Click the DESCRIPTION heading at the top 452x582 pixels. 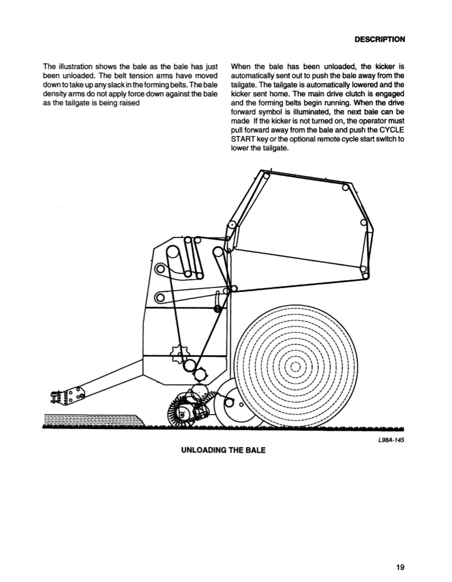coord(379,39)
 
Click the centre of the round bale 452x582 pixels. coord(295,366)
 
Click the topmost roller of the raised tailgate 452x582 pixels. coord(265,176)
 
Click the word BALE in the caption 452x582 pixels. coord(255,450)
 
